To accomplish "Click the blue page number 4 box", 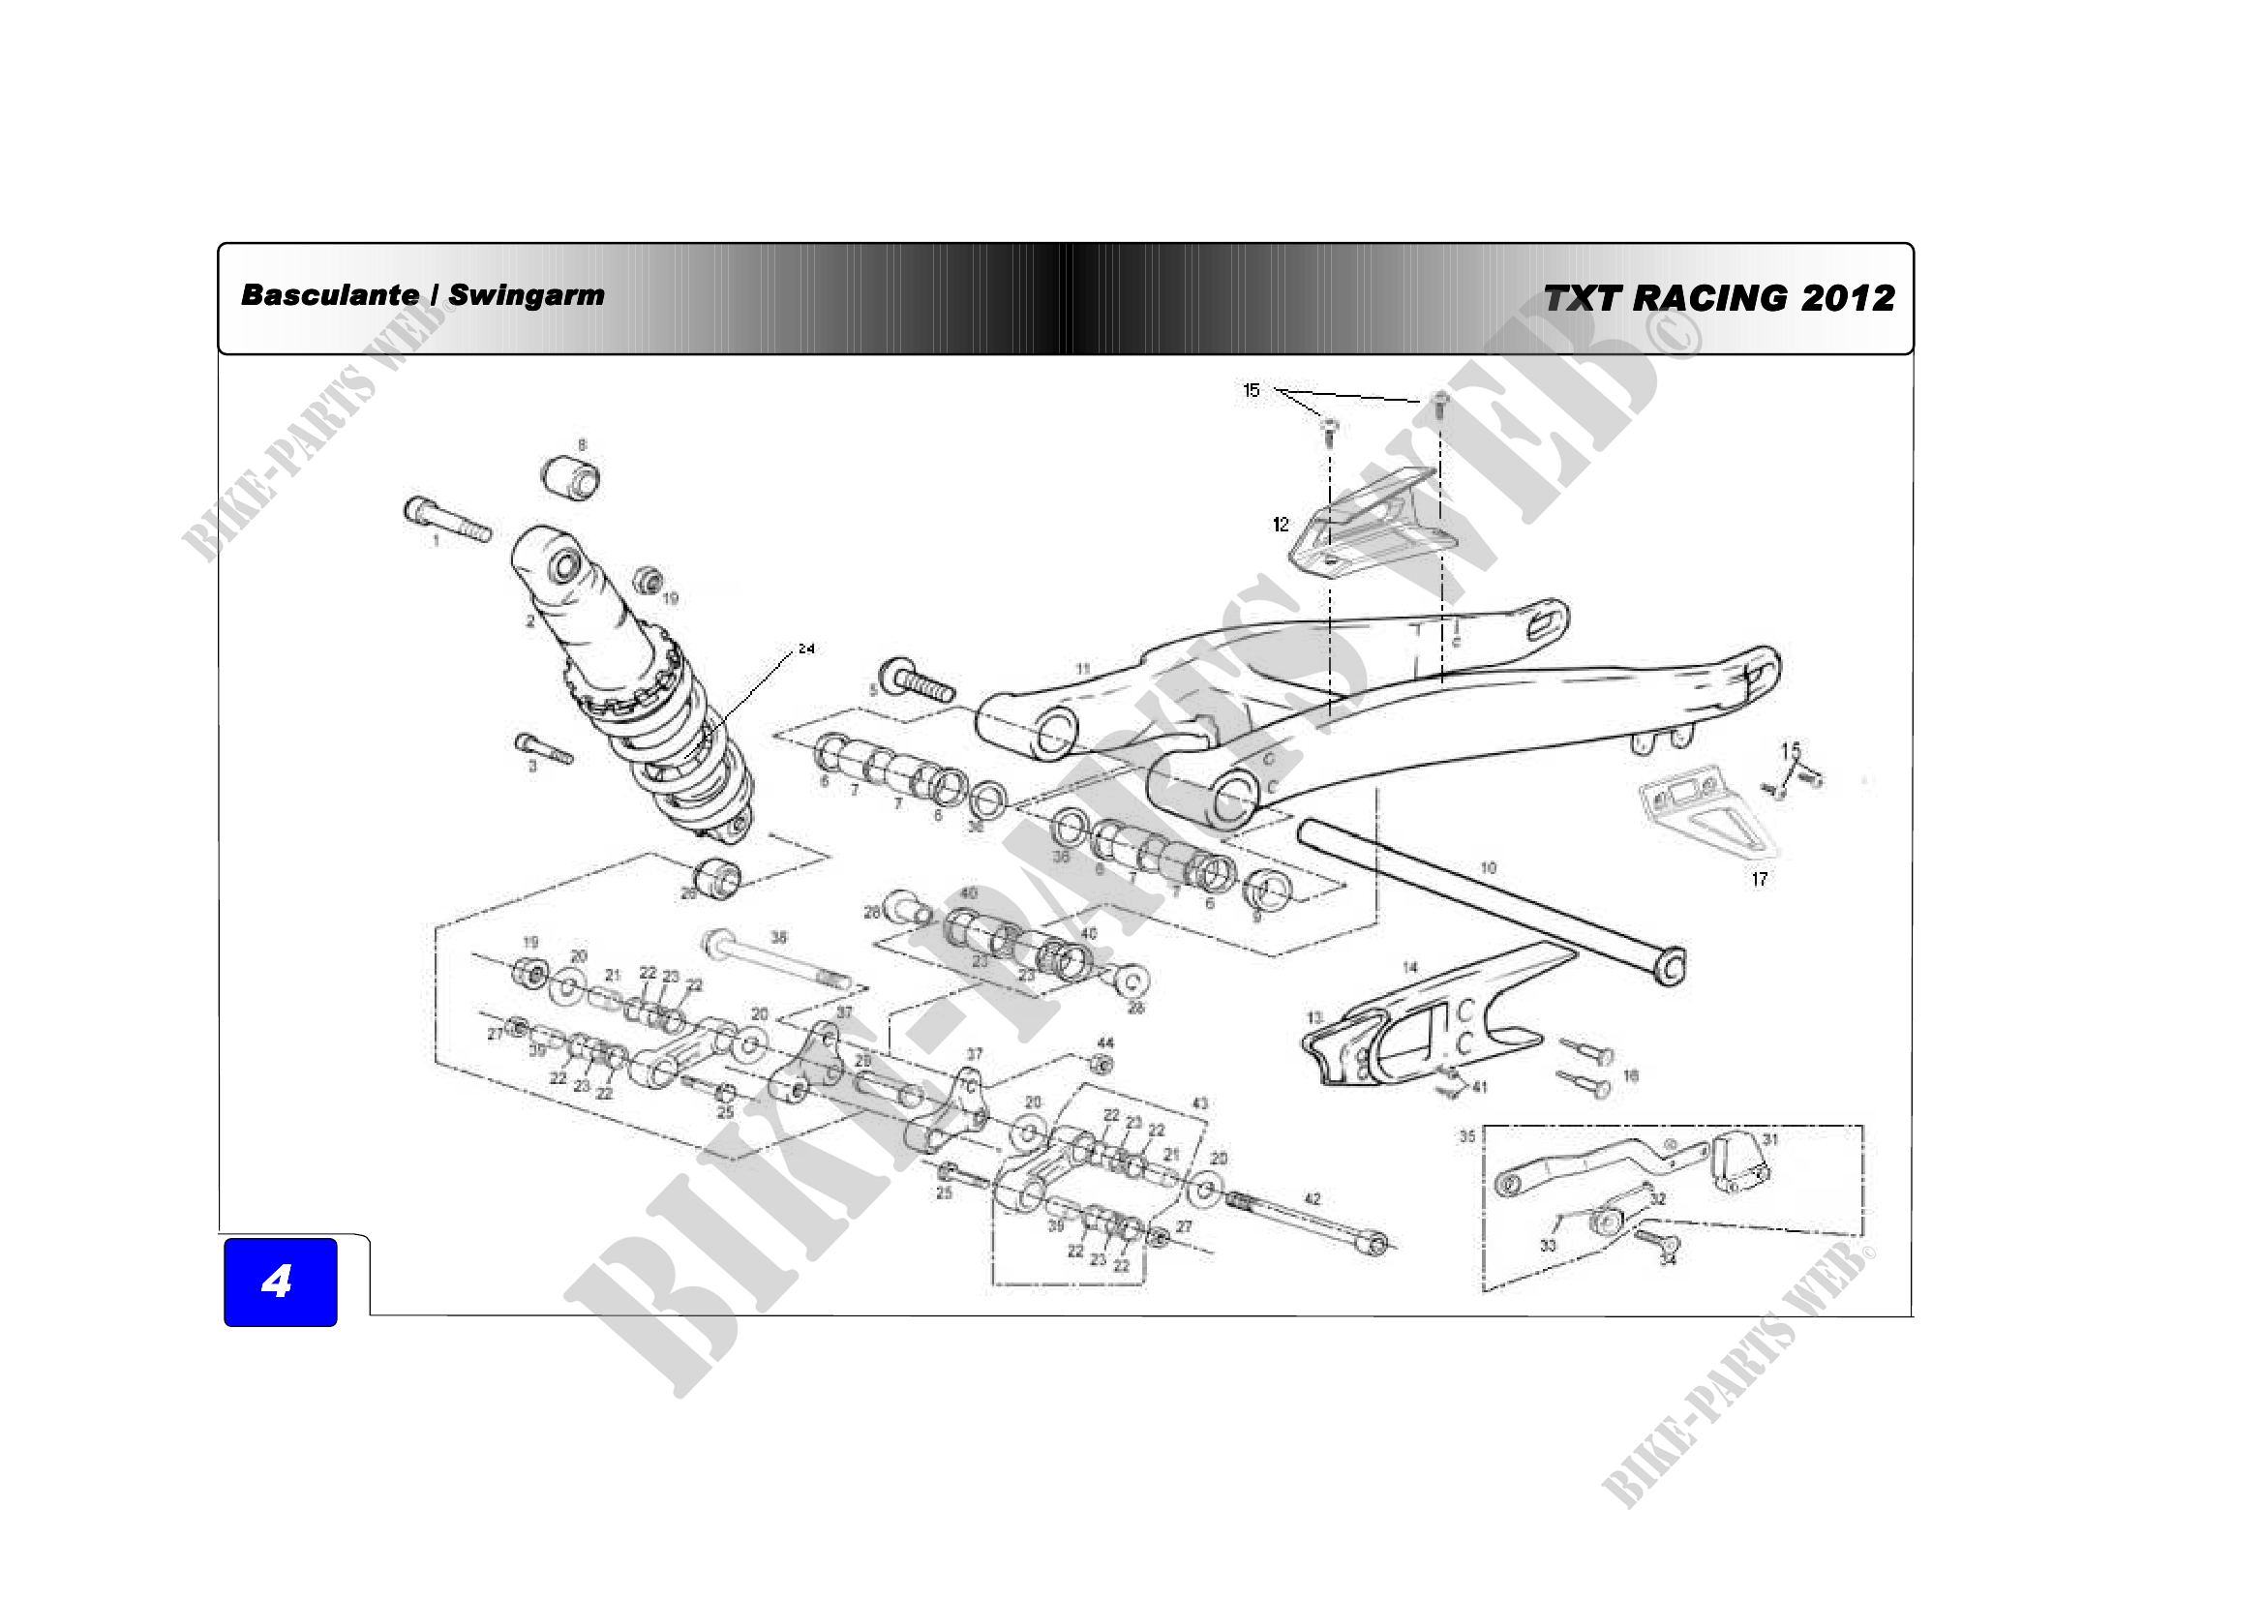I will pyautogui.click(x=280, y=1282).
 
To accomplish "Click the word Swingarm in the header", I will pyautogui.click(x=527, y=295).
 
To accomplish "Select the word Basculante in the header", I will pyautogui.click(x=329, y=295).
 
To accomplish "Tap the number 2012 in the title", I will pyautogui.click(x=1848, y=298).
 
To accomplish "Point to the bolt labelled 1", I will pyautogui.click(x=445, y=521).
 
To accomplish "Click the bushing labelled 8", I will pyautogui.click(x=572, y=478).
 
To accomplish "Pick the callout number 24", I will pyautogui.click(x=806, y=649).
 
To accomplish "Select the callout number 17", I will pyautogui.click(x=1759, y=878).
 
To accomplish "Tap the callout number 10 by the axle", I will pyautogui.click(x=1488, y=868).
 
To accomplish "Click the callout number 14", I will pyautogui.click(x=1410, y=968).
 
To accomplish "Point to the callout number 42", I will pyautogui.click(x=1313, y=1198).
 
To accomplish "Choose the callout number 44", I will pyautogui.click(x=1105, y=1043).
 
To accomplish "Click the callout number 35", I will pyautogui.click(x=1467, y=1136).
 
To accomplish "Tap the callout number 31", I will pyautogui.click(x=1770, y=1139).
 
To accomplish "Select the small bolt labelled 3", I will pyautogui.click(x=543, y=749).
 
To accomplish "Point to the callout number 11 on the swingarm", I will pyautogui.click(x=1083, y=670).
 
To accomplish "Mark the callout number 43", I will pyautogui.click(x=1200, y=1103).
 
